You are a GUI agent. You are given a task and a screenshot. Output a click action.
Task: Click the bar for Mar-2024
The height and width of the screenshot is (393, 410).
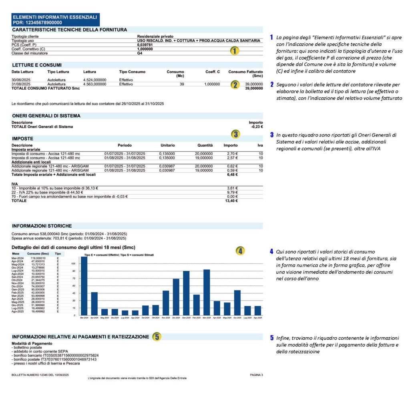[x=84, y=286]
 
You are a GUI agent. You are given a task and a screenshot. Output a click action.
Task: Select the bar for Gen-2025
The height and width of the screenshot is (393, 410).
[x=186, y=293]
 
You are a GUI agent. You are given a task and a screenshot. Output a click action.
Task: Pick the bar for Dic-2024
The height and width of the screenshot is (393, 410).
[x=176, y=297]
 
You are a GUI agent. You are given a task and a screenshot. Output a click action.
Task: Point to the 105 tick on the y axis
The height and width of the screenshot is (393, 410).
[x=73, y=264]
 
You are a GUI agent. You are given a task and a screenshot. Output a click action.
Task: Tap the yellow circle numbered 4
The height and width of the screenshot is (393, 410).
[x=240, y=251]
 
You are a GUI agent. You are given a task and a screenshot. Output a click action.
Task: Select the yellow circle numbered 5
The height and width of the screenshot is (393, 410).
[x=157, y=337]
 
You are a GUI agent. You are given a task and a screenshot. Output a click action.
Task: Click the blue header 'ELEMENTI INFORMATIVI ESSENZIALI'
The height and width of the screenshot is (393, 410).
[x=55, y=17]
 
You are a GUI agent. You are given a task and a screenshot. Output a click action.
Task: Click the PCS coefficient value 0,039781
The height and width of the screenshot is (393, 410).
[x=145, y=45]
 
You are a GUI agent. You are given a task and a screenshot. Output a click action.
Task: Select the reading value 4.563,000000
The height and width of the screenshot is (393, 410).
[x=95, y=85]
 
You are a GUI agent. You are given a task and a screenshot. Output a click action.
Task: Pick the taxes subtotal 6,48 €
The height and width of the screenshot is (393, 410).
[x=232, y=175]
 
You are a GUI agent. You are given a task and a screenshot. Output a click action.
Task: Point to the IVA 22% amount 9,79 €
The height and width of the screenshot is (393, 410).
[x=232, y=192]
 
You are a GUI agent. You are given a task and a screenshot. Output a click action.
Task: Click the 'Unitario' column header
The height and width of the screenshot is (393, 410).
[x=167, y=145]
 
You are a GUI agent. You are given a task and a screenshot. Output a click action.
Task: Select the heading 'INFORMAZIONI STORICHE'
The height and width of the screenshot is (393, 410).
[x=42, y=226]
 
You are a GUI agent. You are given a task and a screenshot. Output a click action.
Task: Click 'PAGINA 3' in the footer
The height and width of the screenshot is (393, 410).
[x=256, y=375]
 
